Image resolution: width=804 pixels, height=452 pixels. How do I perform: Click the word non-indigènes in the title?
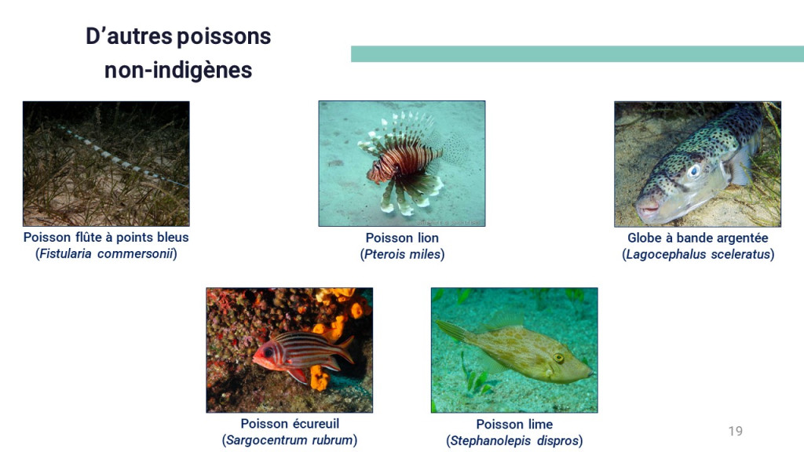(x=178, y=70)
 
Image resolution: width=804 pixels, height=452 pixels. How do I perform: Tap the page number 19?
(x=735, y=431)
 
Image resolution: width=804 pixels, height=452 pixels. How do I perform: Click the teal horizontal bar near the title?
(x=577, y=54)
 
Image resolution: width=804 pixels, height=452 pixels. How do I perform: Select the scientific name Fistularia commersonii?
(x=106, y=253)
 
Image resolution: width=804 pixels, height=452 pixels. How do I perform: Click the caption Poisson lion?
(x=402, y=238)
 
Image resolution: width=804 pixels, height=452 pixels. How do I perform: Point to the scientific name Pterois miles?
(x=402, y=254)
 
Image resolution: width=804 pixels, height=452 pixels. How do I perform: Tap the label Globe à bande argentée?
(x=698, y=238)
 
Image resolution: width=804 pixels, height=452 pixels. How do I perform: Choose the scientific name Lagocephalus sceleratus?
(x=698, y=254)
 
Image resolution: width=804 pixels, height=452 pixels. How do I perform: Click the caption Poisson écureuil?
(x=290, y=424)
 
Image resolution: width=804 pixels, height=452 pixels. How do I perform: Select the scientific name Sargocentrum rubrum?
(x=290, y=440)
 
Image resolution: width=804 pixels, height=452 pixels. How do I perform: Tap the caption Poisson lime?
(x=514, y=425)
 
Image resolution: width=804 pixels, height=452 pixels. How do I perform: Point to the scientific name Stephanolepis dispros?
(x=514, y=441)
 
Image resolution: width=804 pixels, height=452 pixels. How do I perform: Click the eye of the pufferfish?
(x=694, y=170)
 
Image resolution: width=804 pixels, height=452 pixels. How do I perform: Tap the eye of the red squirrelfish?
(x=268, y=352)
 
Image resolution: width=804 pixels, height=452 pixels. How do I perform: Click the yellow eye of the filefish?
(x=558, y=358)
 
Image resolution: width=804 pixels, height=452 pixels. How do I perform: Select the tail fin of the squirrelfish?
(x=345, y=348)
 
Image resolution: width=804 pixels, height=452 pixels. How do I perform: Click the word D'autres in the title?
(x=129, y=36)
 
